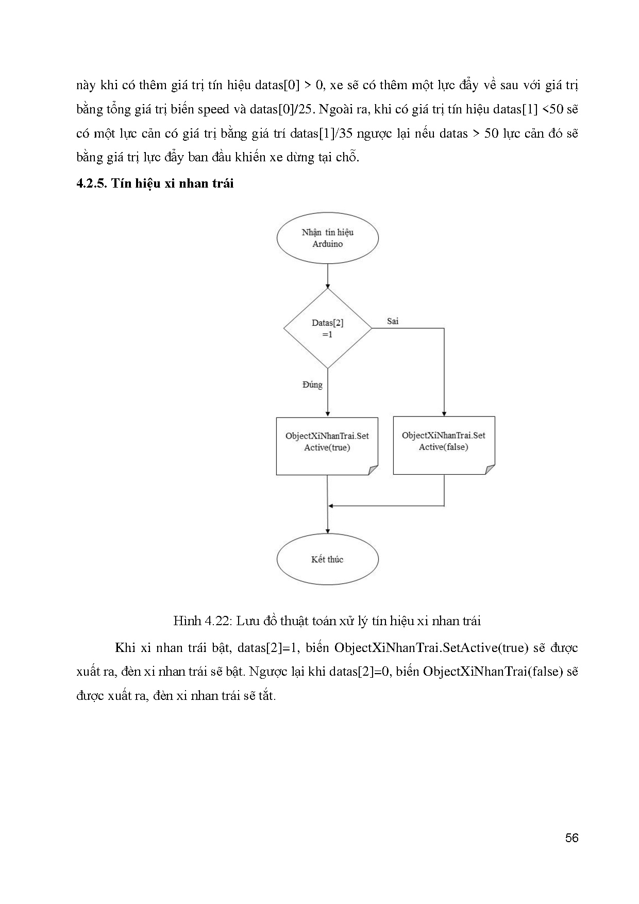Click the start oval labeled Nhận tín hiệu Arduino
point(328,238)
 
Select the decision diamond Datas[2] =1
point(328,328)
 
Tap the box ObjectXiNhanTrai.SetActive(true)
point(327,446)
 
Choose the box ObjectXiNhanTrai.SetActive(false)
point(444,445)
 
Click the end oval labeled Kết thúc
point(328,559)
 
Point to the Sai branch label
point(393,321)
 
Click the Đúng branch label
point(312,384)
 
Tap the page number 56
point(571,838)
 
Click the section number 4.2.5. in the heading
point(91,183)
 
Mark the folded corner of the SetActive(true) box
point(373,470)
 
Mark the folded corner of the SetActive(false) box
point(490,469)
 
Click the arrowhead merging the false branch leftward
point(331,506)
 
